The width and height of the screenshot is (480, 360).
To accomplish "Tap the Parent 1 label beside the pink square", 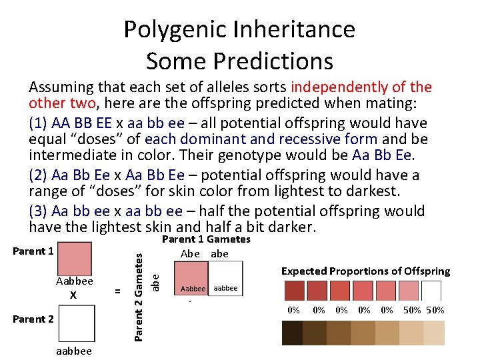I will tap(33, 251).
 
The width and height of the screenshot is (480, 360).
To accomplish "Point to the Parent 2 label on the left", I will tap(33, 319).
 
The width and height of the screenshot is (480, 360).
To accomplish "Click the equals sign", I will tap(117, 291).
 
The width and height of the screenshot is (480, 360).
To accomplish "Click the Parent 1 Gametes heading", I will tap(206, 239).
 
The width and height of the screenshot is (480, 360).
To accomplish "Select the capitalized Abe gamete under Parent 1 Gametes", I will tap(190, 253).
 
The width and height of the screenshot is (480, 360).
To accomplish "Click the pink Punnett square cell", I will tap(193, 278).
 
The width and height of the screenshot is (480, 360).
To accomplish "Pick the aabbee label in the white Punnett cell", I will tap(225, 289).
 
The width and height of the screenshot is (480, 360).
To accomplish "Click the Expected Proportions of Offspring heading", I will tap(365, 271).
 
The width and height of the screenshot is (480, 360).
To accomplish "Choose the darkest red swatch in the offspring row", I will tap(293, 291).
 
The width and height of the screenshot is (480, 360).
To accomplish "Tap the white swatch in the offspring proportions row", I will tap(432, 291).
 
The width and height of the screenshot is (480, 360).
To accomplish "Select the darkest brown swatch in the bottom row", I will tap(292, 333).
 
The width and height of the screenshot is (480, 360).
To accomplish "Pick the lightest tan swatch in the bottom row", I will tap(434, 333).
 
